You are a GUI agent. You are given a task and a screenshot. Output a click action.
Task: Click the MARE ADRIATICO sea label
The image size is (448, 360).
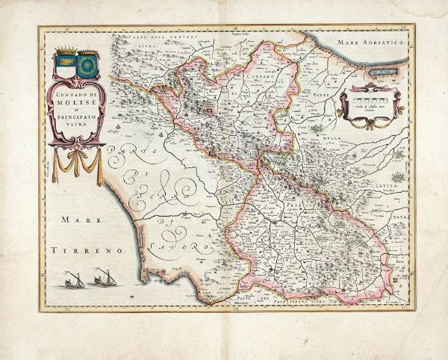(370, 46)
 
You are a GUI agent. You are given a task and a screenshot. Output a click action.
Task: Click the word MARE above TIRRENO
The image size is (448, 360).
(71, 221)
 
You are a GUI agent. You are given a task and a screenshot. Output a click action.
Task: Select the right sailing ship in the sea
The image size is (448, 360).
(98, 280)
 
